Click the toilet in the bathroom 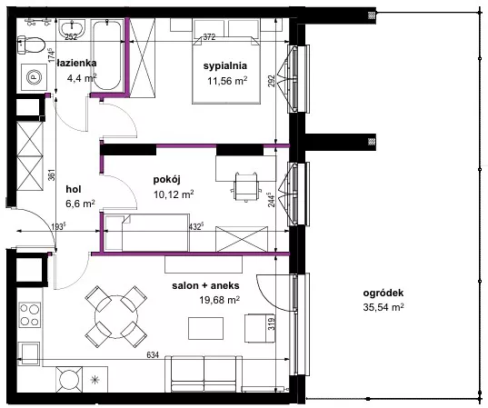(x=31, y=45)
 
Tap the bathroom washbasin (x=72, y=29)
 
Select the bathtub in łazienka (x=106, y=55)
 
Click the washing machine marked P (x=34, y=77)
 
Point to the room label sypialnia (x=225, y=65)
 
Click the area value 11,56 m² (x=227, y=81)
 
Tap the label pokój (x=167, y=180)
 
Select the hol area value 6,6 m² (x=80, y=204)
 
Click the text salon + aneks (x=205, y=285)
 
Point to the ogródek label (x=383, y=293)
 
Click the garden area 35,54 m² (x=383, y=307)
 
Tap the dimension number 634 (x=153, y=354)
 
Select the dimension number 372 (x=209, y=37)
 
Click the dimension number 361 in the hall (x=52, y=174)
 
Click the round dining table (x=116, y=317)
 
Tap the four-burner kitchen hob (x=30, y=314)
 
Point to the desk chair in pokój (x=246, y=186)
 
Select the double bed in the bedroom (x=226, y=70)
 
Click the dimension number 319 (x=272, y=324)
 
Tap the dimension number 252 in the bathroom (x=71, y=37)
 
